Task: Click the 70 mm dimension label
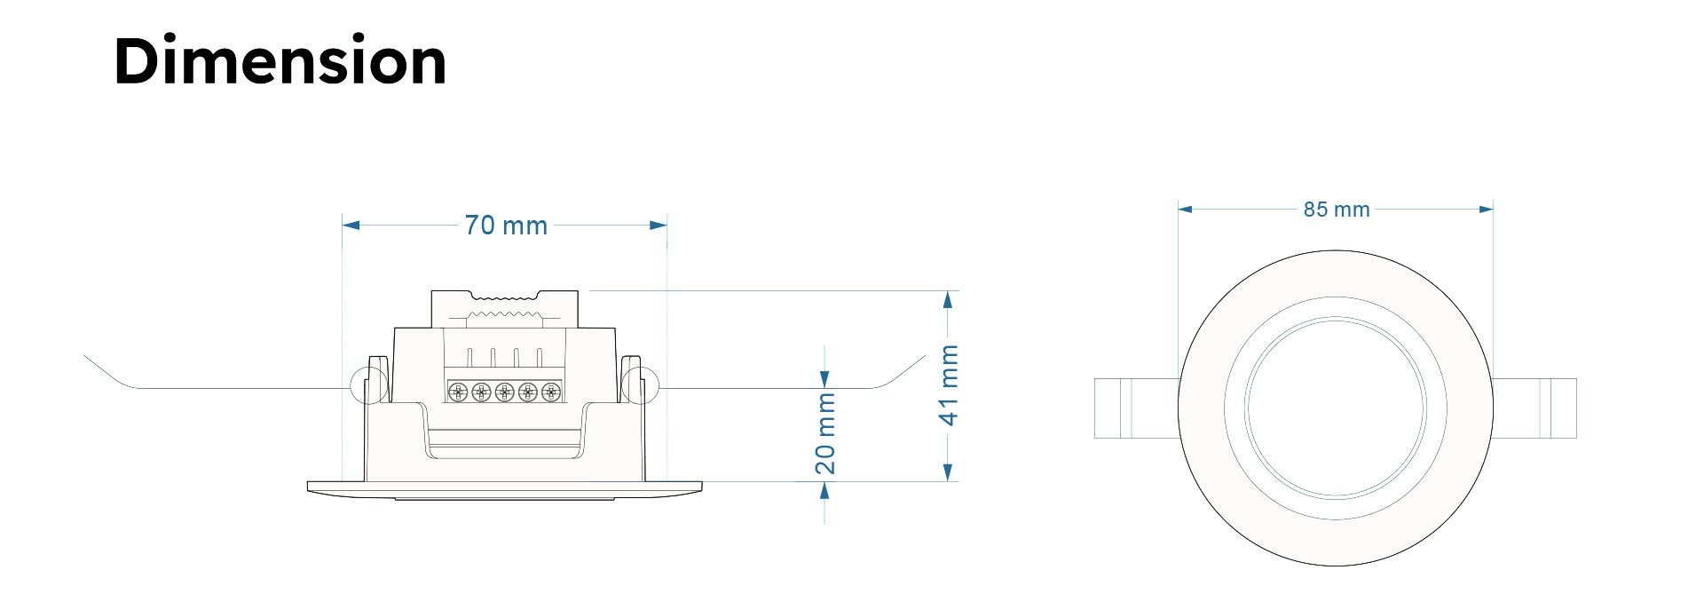pos(506,226)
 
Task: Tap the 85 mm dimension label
pos(1337,210)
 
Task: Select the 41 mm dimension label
pos(949,385)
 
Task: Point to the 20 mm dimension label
pos(825,433)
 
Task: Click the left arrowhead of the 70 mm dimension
pos(351,226)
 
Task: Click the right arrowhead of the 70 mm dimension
pos(658,226)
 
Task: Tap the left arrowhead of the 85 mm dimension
pos(1186,210)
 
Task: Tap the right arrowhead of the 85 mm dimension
pos(1486,210)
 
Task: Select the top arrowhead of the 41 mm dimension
pos(949,300)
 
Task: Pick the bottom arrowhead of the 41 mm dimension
pos(949,472)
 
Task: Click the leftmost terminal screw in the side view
pos(458,392)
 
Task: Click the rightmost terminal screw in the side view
pos(551,392)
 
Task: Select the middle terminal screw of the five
pos(504,392)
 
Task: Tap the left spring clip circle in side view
pos(369,385)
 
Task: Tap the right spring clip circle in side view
pos(639,385)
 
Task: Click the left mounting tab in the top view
pos(1137,408)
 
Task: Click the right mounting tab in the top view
pos(1534,408)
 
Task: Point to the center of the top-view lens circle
pos(1336,408)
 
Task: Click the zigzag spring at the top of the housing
pos(504,313)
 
